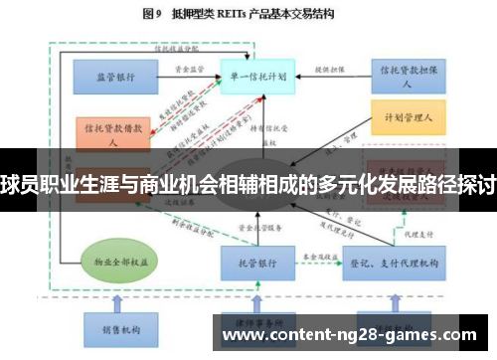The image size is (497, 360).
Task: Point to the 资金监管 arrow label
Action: (x=190, y=69)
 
